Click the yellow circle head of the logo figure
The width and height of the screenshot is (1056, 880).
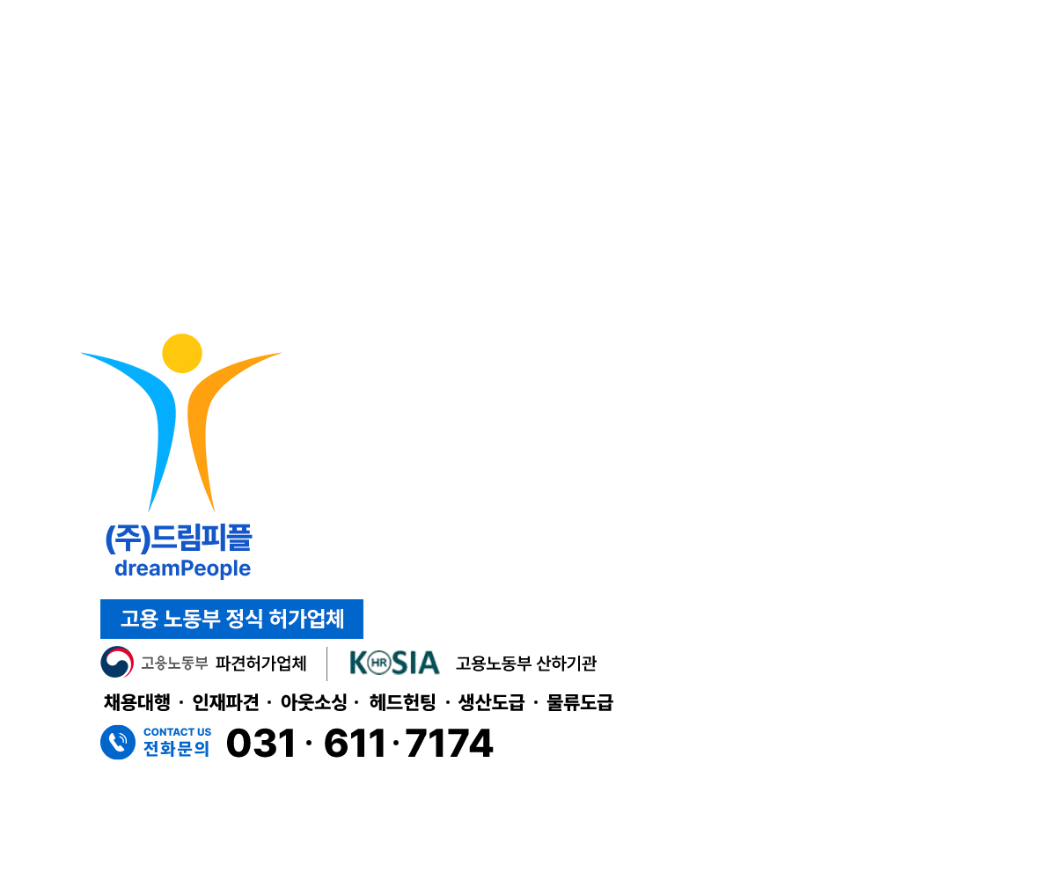[x=182, y=353]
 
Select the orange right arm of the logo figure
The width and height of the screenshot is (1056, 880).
[x=202, y=414]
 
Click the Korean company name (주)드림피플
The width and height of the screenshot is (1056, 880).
[x=179, y=539]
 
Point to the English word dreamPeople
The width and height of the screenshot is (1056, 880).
[x=182, y=568]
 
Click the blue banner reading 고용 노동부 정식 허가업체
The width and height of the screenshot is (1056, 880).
[x=231, y=619]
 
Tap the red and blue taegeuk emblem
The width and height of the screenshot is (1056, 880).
[x=117, y=662]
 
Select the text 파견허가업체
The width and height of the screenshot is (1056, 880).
[x=261, y=663]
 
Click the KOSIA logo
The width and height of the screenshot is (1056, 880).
[x=394, y=663]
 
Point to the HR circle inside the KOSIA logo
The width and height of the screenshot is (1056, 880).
[x=378, y=663]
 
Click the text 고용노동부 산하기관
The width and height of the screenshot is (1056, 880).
[x=526, y=663]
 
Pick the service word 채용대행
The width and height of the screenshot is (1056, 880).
[x=137, y=702]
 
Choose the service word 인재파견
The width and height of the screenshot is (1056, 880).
[x=225, y=702]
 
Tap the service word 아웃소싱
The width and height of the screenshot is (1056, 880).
[x=314, y=702]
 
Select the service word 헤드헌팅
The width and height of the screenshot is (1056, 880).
[x=402, y=702]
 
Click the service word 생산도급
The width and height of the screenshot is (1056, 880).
[x=491, y=702]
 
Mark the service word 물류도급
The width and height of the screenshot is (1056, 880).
[x=580, y=702]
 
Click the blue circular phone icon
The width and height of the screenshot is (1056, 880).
[x=118, y=742]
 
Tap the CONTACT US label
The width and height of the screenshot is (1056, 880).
[x=178, y=732]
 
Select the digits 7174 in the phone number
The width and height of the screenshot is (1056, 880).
[x=449, y=743]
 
